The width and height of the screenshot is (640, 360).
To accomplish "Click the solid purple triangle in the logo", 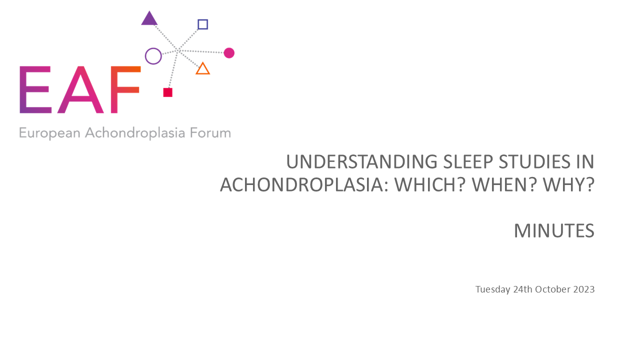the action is pos(149,19).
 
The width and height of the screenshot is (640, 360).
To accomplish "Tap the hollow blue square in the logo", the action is pos(203,20).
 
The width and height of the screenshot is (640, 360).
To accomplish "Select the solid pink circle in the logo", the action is pos(229,53).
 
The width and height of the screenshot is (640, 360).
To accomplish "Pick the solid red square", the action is pos(167,92).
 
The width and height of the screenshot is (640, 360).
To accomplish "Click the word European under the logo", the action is pos(49,133).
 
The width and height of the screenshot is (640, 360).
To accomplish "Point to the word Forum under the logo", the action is pos(210,133).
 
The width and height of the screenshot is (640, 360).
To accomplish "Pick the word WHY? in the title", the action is pos(569,184).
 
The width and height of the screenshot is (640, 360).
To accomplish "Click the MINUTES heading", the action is pos(554,230).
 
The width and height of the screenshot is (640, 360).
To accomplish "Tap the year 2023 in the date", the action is pos(584,289).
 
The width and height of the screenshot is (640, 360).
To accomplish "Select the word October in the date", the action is pos(553,289).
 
